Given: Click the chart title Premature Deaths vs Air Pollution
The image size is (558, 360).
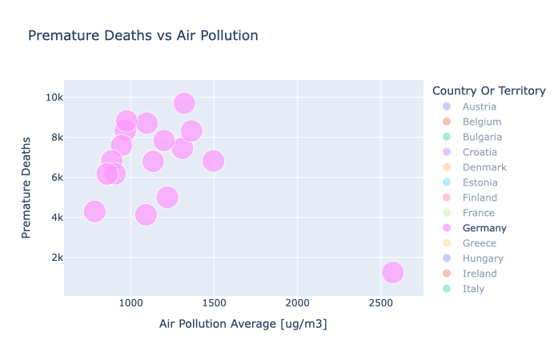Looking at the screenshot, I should click(143, 36).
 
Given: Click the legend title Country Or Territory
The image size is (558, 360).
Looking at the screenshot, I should click(488, 90).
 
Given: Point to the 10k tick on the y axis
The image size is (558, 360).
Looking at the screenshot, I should click(54, 98).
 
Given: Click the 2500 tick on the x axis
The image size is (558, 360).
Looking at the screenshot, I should click(381, 303).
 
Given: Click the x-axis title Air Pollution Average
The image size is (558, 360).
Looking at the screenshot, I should click(243, 324).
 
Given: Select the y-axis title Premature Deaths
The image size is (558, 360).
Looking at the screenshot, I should click(27, 187).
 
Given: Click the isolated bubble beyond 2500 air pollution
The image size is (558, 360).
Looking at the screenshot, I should click(392, 272).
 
